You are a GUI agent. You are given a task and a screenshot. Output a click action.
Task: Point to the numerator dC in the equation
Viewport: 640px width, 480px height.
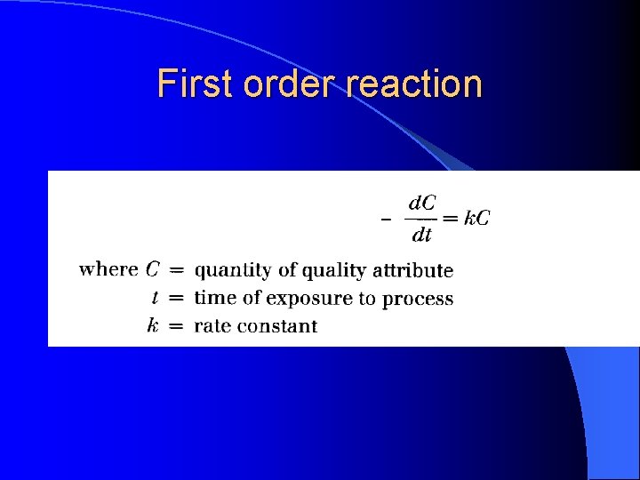pyautogui.click(x=421, y=203)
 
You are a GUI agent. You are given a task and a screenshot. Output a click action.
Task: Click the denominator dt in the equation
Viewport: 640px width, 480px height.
pyautogui.click(x=421, y=235)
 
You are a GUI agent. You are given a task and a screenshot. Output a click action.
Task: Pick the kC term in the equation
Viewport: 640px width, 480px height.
pyautogui.click(x=476, y=218)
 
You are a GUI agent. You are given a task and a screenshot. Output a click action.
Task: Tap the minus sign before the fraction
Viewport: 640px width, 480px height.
pyautogui.click(x=385, y=220)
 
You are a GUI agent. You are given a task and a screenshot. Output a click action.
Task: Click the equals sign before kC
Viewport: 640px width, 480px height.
pyautogui.click(x=450, y=219)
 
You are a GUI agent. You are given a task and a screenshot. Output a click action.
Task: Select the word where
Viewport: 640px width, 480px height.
pyautogui.click(x=108, y=269)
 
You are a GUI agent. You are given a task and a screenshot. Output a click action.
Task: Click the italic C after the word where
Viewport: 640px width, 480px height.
pyautogui.click(x=153, y=269)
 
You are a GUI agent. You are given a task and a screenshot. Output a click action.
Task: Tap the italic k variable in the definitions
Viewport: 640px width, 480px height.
pyautogui.click(x=154, y=325)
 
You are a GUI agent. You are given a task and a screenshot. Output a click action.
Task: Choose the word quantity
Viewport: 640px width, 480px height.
pyautogui.click(x=231, y=271)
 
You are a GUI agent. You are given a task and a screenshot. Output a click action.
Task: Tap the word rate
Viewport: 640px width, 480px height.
pyautogui.click(x=212, y=326)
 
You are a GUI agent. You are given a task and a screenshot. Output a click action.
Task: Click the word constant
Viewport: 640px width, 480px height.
pyautogui.click(x=277, y=326)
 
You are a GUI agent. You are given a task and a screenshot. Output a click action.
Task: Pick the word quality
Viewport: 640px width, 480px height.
pyautogui.click(x=335, y=271)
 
